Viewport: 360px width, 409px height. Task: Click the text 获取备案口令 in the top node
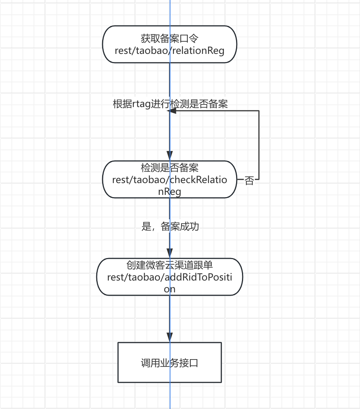tap(169, 39)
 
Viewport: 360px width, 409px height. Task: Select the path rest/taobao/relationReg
tap(169, 51)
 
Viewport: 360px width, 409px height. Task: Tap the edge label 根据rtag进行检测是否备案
tap(170, 104)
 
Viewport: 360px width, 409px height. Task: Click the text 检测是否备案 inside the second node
tap(169, 168)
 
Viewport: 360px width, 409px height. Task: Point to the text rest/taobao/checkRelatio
tap(169, 180)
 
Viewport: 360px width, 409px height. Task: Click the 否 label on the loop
tap(249, 180)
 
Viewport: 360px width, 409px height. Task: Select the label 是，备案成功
tap(170, 226)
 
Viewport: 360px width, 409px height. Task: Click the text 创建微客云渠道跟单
tap(169, 265)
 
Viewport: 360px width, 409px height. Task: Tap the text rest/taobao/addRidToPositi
tap(169, 277)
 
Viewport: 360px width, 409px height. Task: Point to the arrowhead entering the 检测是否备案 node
tap(170, 156)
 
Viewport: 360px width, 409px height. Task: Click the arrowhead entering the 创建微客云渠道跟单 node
tap(170, 253)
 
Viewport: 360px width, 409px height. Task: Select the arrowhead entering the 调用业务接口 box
tap(170, 337)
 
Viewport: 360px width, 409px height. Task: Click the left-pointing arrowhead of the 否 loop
tap(172, 111)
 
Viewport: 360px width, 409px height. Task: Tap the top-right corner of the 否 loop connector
tap(259, 111)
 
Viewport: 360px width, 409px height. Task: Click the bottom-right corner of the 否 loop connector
tap(259, 179)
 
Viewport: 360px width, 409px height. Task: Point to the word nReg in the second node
tap(169, 192)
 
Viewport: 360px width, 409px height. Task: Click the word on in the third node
tap(169, 289)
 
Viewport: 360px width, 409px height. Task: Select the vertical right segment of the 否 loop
tap(259, 145)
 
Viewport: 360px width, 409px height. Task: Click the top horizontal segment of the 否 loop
tap(215, 111)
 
